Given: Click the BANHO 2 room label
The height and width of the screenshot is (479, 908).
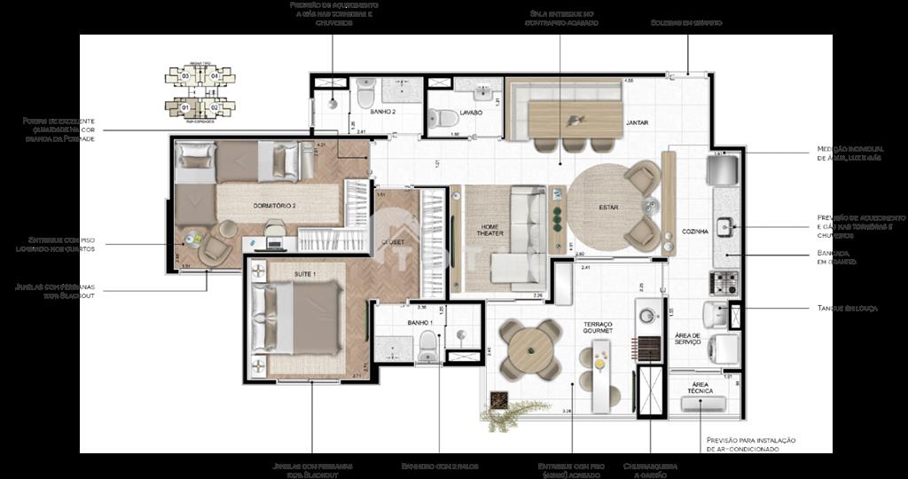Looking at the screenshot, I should click(x=382, y=113).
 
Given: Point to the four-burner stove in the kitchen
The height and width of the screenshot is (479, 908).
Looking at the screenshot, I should click(x=722, y=283).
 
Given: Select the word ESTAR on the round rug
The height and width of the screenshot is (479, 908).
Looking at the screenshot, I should click(x=608, y=209).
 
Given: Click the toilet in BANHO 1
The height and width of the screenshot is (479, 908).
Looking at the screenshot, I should click(x=427, y=343).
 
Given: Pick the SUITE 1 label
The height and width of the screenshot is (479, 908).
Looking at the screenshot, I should click(x=305, y=276).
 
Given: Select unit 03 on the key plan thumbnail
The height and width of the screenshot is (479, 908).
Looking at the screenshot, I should click(x=185, y=76).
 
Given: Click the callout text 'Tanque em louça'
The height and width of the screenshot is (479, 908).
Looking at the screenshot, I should click(x=849, y=308).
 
